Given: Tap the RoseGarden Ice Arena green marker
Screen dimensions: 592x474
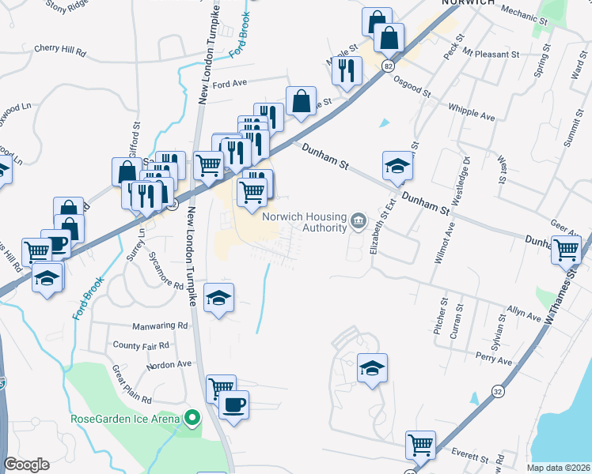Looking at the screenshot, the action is [191, 417].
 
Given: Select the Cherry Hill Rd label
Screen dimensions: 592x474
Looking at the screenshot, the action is [59, 49].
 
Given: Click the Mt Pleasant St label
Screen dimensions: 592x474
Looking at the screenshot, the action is [491, 55].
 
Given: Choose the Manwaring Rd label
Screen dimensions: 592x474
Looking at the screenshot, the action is [161, 325].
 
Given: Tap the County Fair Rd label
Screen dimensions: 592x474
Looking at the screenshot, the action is [141, 345].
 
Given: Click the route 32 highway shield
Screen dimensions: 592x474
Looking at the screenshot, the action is [496, 390].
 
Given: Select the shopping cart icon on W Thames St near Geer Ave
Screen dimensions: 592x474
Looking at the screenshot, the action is [567, 249].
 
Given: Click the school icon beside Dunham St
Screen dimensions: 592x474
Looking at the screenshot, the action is [397, 166].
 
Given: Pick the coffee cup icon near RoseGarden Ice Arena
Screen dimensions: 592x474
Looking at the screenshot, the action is [233, 405].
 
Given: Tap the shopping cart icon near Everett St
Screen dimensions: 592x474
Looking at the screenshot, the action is [421, 446].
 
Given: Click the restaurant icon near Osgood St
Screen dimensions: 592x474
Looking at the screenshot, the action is [347, 70].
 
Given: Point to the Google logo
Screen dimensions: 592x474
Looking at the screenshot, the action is [26, 465].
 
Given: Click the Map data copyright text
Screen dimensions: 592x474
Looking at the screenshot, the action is [559, 468].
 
